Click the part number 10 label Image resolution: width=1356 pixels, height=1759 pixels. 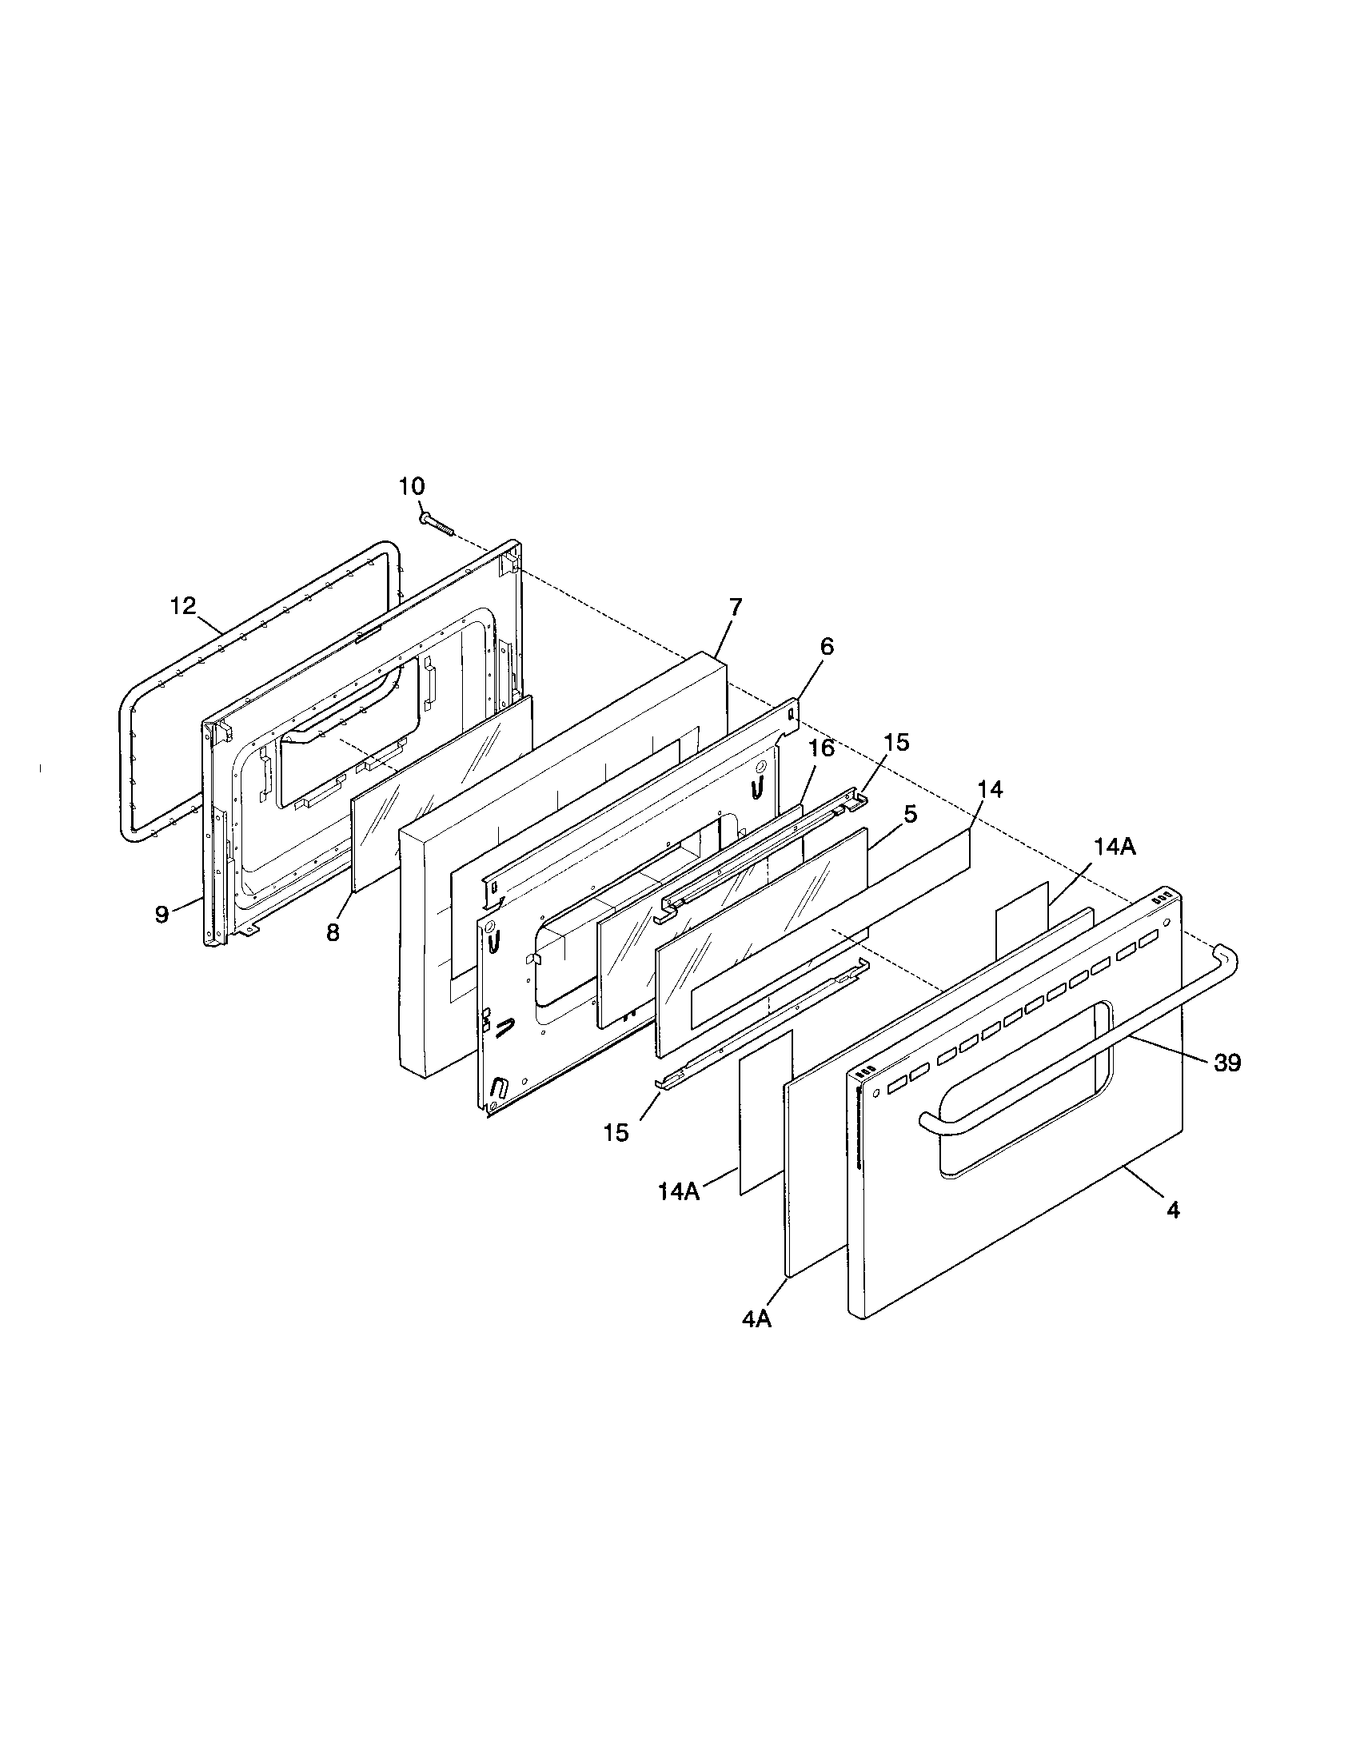(x=412, y=486)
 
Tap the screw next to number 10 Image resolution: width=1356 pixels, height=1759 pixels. (x=437, y=525)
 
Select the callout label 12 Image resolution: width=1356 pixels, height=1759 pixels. (x=184, y=606)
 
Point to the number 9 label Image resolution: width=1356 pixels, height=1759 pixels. (x=162, y=914)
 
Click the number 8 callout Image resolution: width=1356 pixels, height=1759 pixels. (x=333, y=932)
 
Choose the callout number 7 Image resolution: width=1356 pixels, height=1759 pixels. (x=736, y=608)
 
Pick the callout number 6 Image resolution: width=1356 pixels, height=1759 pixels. (x=827, y=647)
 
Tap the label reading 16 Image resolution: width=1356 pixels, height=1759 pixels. (x=821, y=748)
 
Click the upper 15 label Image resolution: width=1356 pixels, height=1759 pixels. (x=896, y=743)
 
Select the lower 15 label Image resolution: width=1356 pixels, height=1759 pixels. (x=616, y=1132)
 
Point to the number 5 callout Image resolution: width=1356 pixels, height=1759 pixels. (x=910, y=814)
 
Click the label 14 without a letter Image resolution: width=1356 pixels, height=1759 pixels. (x=991, y=790)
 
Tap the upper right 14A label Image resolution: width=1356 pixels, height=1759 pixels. (x=1115, y=847)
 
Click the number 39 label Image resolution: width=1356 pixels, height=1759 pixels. (x=1227, y=1063)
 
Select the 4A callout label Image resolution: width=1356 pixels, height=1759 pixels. (x=757, y=1319)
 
